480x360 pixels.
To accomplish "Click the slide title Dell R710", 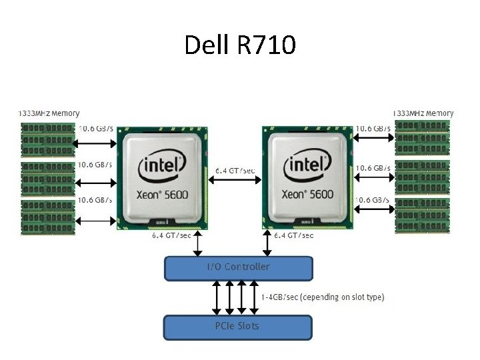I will (239, 45).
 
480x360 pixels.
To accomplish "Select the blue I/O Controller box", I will (238, 267).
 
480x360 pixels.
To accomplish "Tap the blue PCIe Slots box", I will (238, 327).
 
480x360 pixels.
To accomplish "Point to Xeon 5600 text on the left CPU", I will (163, 195).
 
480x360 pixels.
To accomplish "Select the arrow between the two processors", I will (234, 184).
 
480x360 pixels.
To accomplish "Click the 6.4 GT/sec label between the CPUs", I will (235, 171).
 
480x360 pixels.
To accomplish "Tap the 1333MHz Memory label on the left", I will (49, 113).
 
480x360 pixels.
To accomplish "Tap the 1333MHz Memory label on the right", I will (423, 113).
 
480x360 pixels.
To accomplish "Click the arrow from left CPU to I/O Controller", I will (197, 244).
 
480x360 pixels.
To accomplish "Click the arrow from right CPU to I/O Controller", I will (268, 244).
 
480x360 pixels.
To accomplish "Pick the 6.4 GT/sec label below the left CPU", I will (171, 235).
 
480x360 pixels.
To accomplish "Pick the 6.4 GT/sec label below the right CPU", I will (294, 235).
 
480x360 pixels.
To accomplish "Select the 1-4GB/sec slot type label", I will (323, 297).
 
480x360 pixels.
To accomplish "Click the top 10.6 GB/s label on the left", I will (96, 128).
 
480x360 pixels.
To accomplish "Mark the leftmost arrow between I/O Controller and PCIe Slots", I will (215, 297).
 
